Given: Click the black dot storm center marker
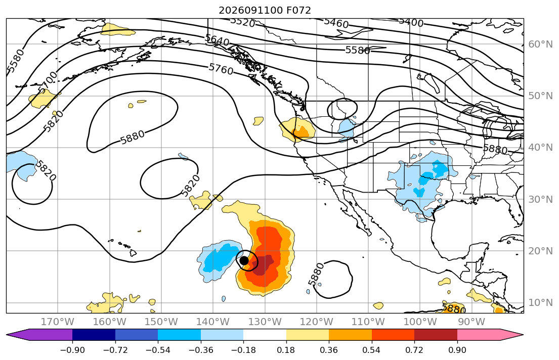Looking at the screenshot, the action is pos(244,260).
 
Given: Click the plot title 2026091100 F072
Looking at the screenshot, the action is pos(265,10).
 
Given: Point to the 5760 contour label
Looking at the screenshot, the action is pos(221,69).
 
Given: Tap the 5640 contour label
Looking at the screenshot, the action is pos(217,40).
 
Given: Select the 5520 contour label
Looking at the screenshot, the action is pos(242,22).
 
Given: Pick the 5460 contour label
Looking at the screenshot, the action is pos(336,23).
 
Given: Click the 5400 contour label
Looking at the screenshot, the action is pos(411,22).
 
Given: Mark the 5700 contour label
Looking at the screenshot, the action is pos(48,82).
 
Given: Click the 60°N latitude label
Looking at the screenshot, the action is pos(540,44).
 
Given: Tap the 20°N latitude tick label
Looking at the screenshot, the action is pos(540,251).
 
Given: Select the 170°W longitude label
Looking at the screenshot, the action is pos(58,322).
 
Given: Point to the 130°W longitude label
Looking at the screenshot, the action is pos(265,322).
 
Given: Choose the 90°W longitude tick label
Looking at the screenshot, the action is pos(471,322).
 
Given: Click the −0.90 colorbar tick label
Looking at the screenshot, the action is pos(72,350).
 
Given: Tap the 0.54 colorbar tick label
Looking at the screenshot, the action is pos(371,350).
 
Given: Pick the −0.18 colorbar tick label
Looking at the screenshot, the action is pos(243,350).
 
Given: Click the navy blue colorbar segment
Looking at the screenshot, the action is pos(94,335).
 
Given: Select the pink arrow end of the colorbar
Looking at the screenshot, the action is pos(491,335).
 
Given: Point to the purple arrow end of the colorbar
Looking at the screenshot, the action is pos(39,335).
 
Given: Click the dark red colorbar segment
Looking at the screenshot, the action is pos(436,335).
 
